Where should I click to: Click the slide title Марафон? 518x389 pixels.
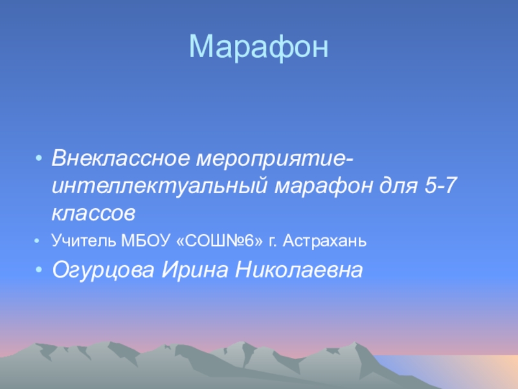pyautogui.click(x=259, y=47)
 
